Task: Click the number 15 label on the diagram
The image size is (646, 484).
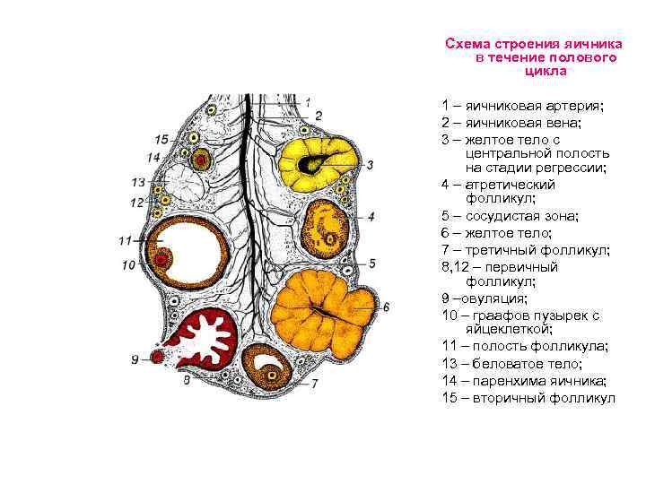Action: (x=161, y=139)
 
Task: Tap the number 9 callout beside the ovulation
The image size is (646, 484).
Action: (x=135, y=359)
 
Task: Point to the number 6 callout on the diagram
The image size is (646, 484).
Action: (x=387, y=307)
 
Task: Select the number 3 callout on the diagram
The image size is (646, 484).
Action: (x=370, y=165)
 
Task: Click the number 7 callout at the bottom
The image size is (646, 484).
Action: (x=315, y=384)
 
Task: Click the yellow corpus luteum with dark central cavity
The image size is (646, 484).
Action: (x=316, y=161)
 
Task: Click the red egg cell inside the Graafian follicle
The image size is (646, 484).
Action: (x=162, y=260)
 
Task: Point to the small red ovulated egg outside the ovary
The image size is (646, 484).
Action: (x=158, y=358)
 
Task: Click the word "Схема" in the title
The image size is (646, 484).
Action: (x=468, y=43)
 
